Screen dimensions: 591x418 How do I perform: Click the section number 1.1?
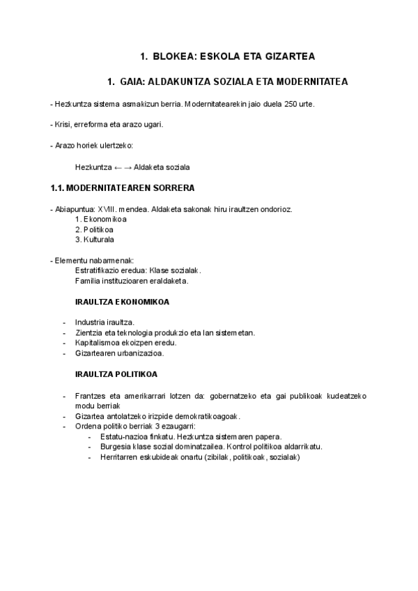point(58,188)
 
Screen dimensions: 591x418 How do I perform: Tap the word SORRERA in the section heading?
point(173,188)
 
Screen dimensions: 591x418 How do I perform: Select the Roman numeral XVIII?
point(108,208)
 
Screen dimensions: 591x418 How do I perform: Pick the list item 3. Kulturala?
point(94,240)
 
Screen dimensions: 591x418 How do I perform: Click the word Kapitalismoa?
point(99,343)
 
